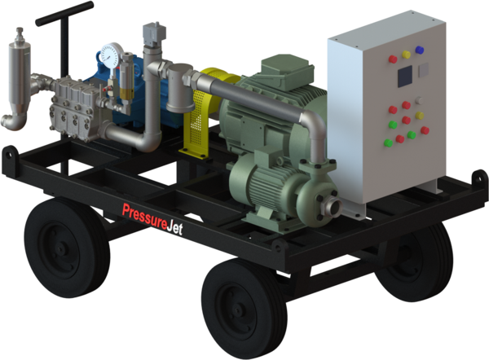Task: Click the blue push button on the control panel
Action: point(420,50)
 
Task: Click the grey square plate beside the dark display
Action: point(423,72)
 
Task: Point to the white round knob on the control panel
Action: point(417,101)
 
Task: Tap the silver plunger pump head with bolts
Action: point(69,106)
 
